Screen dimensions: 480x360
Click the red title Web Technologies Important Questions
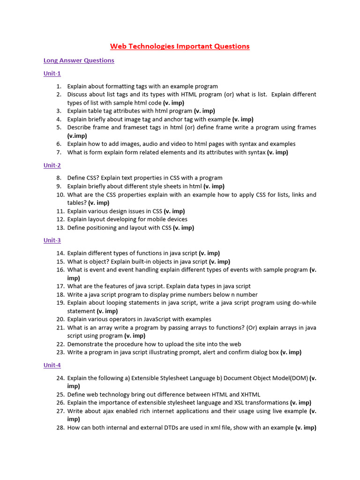click(180, 46)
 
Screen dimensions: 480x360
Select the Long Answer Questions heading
click(79, 60)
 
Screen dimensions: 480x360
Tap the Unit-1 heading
click(52, 74)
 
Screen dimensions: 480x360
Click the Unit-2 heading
click(52, 165)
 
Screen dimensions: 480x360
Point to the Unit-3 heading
click(52, 240)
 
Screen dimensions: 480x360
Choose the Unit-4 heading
click(52, 365)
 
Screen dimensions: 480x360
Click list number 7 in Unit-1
click(59, 152)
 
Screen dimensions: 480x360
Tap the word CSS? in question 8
click(93, 178)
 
